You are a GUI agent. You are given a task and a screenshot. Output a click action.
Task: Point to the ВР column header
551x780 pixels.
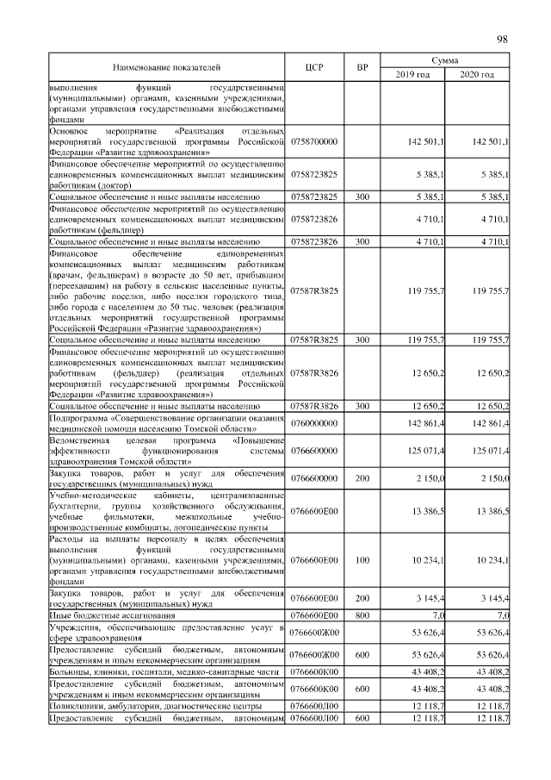pyautogui.click(x=362, y=66)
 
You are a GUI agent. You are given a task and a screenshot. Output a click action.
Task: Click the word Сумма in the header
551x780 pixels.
pyautogui.click(x=445, y=60)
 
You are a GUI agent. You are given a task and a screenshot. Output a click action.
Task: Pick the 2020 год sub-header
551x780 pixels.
pyautogui.click(x=477, y=75)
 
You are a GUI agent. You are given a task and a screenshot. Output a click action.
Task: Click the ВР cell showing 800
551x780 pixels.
pyautogui.click(x=362, y=615)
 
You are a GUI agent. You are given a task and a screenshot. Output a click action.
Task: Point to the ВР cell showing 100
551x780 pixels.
pyautogui.click(x=362, y=560)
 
